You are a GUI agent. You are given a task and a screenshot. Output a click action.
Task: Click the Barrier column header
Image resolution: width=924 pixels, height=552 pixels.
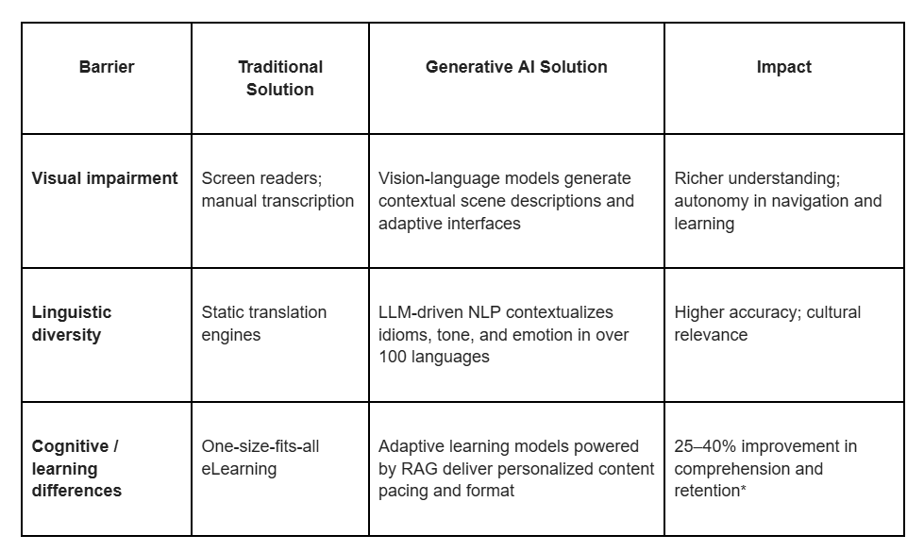[107, 67]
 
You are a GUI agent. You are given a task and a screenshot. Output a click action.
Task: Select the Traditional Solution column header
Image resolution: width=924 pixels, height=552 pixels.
[280, 78]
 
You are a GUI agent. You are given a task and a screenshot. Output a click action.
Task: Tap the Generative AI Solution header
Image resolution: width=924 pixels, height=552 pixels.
[516, 67]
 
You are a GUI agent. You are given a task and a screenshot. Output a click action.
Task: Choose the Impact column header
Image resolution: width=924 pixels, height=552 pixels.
[783, 67]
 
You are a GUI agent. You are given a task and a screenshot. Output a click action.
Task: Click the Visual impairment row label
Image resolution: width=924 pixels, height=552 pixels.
[105, 178]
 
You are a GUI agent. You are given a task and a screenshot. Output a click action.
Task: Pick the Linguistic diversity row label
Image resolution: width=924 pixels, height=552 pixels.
[72, 324]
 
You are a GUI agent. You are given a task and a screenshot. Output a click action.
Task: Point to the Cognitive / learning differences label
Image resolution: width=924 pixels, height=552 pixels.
[76, 468]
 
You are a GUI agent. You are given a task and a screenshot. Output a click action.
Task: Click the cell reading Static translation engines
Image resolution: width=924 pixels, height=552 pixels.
[264, 324]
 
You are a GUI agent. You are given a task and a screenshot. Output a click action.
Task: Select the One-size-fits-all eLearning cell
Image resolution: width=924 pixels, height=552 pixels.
[260, 457]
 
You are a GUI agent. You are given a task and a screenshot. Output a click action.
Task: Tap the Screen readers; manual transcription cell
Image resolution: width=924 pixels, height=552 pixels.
[277, 190]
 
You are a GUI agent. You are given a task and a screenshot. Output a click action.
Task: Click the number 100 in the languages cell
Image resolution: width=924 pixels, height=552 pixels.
[393, 358]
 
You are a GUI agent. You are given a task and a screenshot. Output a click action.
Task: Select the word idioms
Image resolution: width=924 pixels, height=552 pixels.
[402, 335]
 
